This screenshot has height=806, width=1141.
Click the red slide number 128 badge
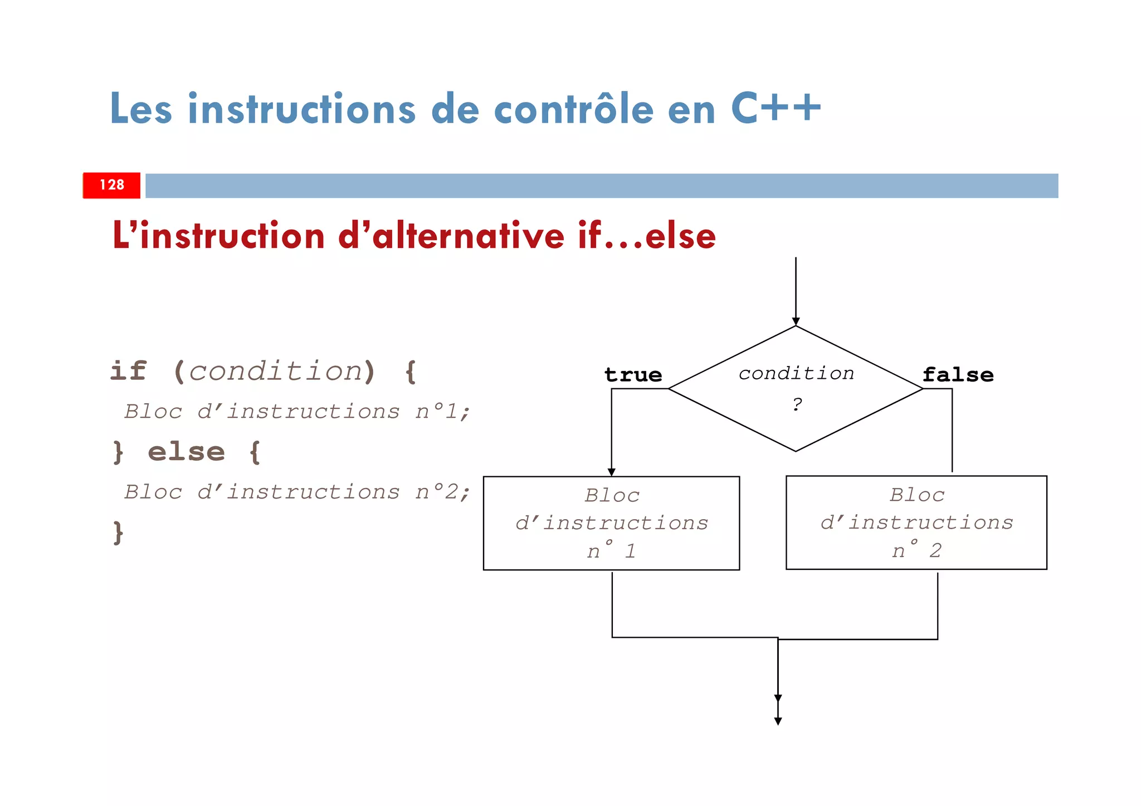pyautogui.click(x=111, y=185)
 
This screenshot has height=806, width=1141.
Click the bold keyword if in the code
pyautogui.click(x=129, y=370)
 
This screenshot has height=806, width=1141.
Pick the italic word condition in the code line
pyautogui.click(x=276, y=371)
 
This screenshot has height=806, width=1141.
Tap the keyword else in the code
pyautogui.click(x=186, y=452)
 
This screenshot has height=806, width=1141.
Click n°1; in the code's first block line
pyautogui.click(x=443, y=412)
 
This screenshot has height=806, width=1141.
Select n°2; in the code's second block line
pyautogui.click(x=443, y=492)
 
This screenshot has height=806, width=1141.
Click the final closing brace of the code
pyautogui.click(x=118, y=533)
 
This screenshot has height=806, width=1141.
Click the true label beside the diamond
pyautogui.click(x=633, y=375)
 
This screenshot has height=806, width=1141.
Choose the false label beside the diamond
pyautogui.click(x=958, y=375)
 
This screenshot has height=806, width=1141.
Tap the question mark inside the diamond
pyautogui.click(x=797, y=404)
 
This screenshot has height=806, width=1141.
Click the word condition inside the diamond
pyautogui.click(x=796, y=373)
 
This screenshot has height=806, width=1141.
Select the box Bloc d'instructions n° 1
pyautogui.click(x=611, y=523)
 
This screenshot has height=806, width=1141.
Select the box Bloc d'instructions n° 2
pyautogui.click(x=916, y=522)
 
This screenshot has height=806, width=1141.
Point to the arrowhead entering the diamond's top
pyautogui.click(x=796, y=321)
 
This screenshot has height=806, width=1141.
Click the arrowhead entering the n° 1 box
pyautogui.click(x=611, y=472)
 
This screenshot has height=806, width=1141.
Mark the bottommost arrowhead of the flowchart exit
pyautogui.click(x=778, y=721)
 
